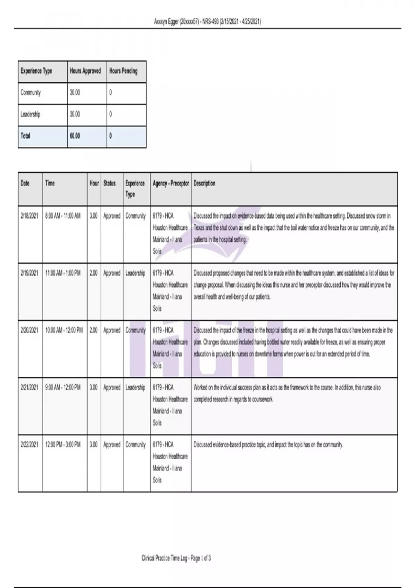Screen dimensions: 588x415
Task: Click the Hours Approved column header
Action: [x=85, y=71]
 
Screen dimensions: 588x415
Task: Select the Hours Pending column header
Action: [x=123, y=71]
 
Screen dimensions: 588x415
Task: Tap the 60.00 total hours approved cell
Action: [x=75, y=136]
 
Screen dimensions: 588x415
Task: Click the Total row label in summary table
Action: [x=25, y=136]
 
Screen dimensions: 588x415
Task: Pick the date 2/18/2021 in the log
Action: [x=29, y=216]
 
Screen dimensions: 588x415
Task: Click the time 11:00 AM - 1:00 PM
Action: [x=63, y=273]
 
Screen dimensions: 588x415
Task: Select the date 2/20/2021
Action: [x=29, y=330]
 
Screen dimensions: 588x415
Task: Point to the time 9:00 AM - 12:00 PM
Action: [x=63, y=387]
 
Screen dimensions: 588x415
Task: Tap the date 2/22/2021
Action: [x=29, y=444]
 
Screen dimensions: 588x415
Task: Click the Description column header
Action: [x=204, y=183]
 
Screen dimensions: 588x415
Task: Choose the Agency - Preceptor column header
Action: [x=171, y=183]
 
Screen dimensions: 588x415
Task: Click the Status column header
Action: [x=109, y=183]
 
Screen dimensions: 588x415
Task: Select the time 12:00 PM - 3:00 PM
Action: [x=63, y=444]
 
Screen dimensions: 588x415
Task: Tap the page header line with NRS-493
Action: [x=207, y=22]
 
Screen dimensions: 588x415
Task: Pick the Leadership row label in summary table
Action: [x=30, y=114]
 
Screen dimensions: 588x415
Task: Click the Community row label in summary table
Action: [x=30, y=93]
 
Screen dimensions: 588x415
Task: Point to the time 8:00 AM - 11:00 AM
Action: [x=63, y=216]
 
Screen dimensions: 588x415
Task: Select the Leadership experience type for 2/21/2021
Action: [x=135, y=387]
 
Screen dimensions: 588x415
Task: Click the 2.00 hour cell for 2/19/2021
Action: [x=93, y=273]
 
